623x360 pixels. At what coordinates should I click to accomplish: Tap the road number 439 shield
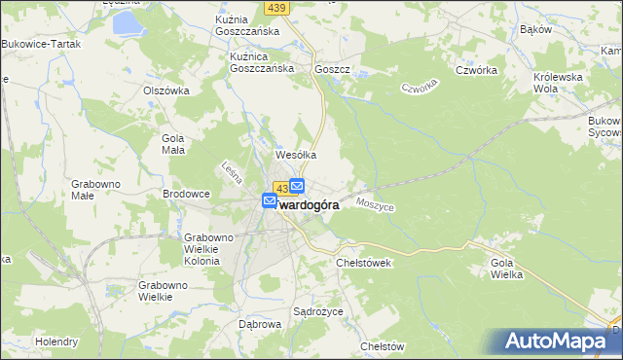[x=275, y=8]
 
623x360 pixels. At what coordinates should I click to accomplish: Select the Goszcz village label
[x=331, y=70]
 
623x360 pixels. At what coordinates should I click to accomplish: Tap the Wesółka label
[x=297, y=154]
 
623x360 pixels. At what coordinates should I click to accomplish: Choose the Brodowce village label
[x=186, y=194]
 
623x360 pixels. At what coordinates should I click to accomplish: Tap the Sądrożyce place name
[x=314, y=312]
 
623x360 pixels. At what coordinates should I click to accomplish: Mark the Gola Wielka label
[x=507, y=269]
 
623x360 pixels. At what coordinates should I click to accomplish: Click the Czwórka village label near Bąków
[x=477, y=70]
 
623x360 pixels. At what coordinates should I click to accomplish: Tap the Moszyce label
[x=375, y=205]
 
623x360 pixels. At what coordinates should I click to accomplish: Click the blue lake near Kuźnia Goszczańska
[x=126, y=22]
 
